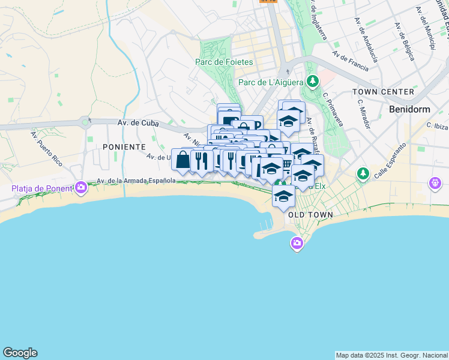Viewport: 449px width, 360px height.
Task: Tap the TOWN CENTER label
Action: pyautogui.click(x=384, y=92)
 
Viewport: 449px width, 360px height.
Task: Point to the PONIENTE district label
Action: pyautogui.click(x=124, y=146)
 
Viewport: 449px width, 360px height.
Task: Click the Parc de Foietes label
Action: pyautogui.click(x=224, y=62)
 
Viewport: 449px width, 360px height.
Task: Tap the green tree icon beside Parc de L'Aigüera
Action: pyautogui.click(x=312, y=81)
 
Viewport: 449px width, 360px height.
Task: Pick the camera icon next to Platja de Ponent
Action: pyautogui.click(x=81, y=188)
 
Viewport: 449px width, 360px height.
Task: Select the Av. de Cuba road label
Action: pyautogui.click(x=137, y=122)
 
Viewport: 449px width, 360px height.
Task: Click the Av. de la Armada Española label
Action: pyautogui.click(x=136, y=181)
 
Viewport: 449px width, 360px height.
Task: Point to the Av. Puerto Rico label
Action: pyautogui.click(x=46, y=148)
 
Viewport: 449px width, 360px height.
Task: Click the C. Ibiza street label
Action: pyautogui.click(x=438, y=125)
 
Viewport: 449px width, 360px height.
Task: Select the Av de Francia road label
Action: pyautogui.click(x=351, y=61)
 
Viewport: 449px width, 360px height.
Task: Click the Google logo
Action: pyautogui.click(x=20, y=353)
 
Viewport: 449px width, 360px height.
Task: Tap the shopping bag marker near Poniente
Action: pyautogui.click(x=183, y=160)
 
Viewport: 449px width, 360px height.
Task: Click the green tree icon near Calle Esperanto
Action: pyautogui.click(x=363, y=174)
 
